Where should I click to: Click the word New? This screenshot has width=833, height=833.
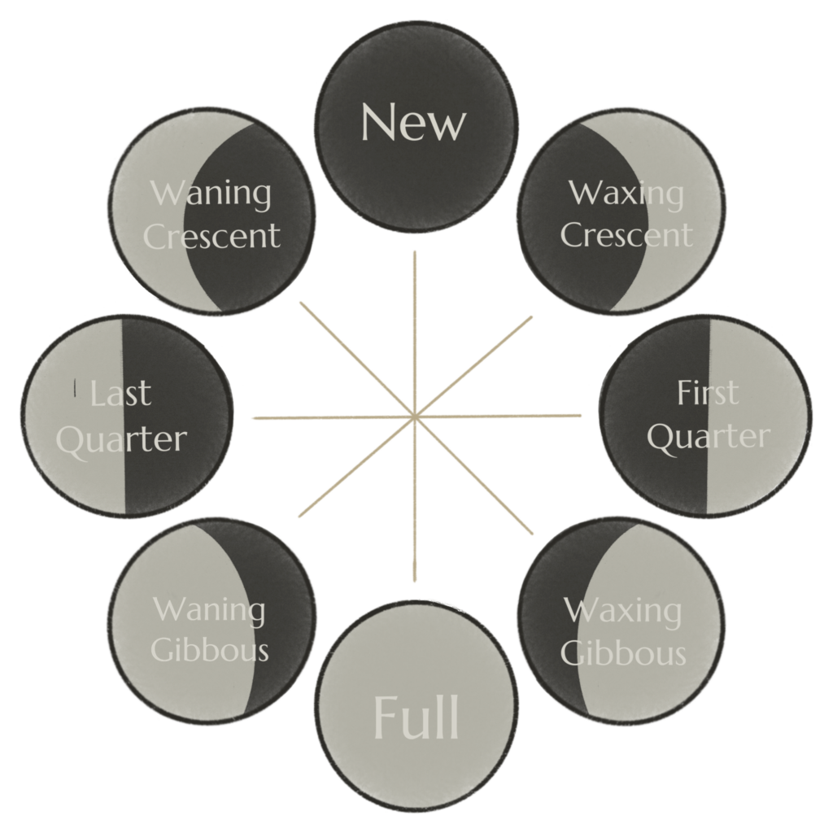point(413,122)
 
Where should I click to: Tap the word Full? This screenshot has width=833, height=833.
point(416,717)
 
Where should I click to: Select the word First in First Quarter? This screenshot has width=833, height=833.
point(708,393)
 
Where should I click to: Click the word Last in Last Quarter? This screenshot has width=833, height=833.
point(121,394)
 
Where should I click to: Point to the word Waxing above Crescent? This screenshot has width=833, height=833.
point(626,194)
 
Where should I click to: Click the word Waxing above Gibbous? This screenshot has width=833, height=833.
point(623,610)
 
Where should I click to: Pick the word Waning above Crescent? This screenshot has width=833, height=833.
point(211,194)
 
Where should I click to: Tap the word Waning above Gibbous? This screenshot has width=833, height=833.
point(210,610)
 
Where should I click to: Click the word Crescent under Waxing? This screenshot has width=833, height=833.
point(626,236)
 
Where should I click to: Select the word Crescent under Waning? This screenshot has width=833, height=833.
point(212,236)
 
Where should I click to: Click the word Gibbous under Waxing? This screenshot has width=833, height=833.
point(623,652)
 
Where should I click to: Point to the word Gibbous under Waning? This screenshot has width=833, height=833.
point(210,651)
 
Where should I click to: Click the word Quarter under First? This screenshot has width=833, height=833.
point(708,438)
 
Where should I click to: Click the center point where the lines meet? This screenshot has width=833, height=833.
point(415,418)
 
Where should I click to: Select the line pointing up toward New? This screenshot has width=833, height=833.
point(415,325)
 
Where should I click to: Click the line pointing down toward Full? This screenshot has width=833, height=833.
point(415,512)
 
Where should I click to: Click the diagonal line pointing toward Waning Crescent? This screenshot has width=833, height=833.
point(350,355)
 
